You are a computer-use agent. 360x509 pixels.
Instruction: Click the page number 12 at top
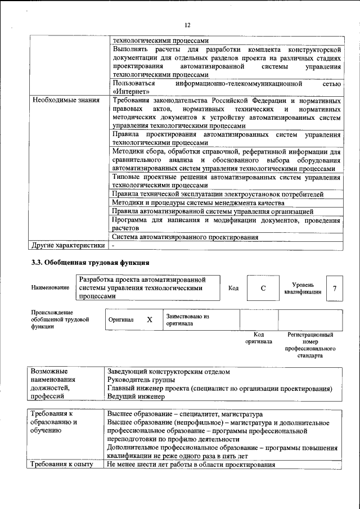[x=188, y=25]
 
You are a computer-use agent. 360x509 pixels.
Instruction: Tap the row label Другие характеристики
[x=68, y=245]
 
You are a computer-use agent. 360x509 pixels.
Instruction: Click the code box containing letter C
[x=262, y=289]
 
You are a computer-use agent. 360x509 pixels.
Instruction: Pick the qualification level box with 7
[x=335, y=289]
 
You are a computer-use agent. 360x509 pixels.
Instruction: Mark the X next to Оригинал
[x=150, y=319]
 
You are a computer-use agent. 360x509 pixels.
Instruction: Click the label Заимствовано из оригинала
[x=187, y=320]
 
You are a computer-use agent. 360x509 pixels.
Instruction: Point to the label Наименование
[x=51, y=288]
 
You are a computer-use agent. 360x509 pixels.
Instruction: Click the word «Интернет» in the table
[x=131, y=91]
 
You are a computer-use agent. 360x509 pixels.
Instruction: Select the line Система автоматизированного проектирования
[x=185, y=237]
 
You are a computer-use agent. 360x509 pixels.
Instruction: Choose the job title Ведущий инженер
[x=136, y=396]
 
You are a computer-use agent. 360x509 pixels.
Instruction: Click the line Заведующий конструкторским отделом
[x=169, y=371]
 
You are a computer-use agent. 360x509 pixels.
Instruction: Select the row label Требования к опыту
[x=62, y=465]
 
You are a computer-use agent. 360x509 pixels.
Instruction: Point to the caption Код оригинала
[x=259, y=337]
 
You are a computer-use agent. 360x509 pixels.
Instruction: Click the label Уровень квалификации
[x=303, y=289]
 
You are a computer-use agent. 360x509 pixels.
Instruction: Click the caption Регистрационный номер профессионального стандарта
[x=310, y=345]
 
